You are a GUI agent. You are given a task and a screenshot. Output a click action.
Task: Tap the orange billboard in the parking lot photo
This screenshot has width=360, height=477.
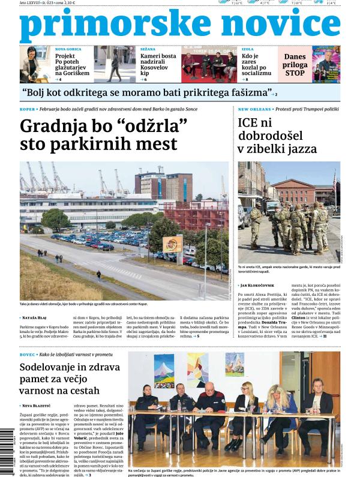172,243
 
